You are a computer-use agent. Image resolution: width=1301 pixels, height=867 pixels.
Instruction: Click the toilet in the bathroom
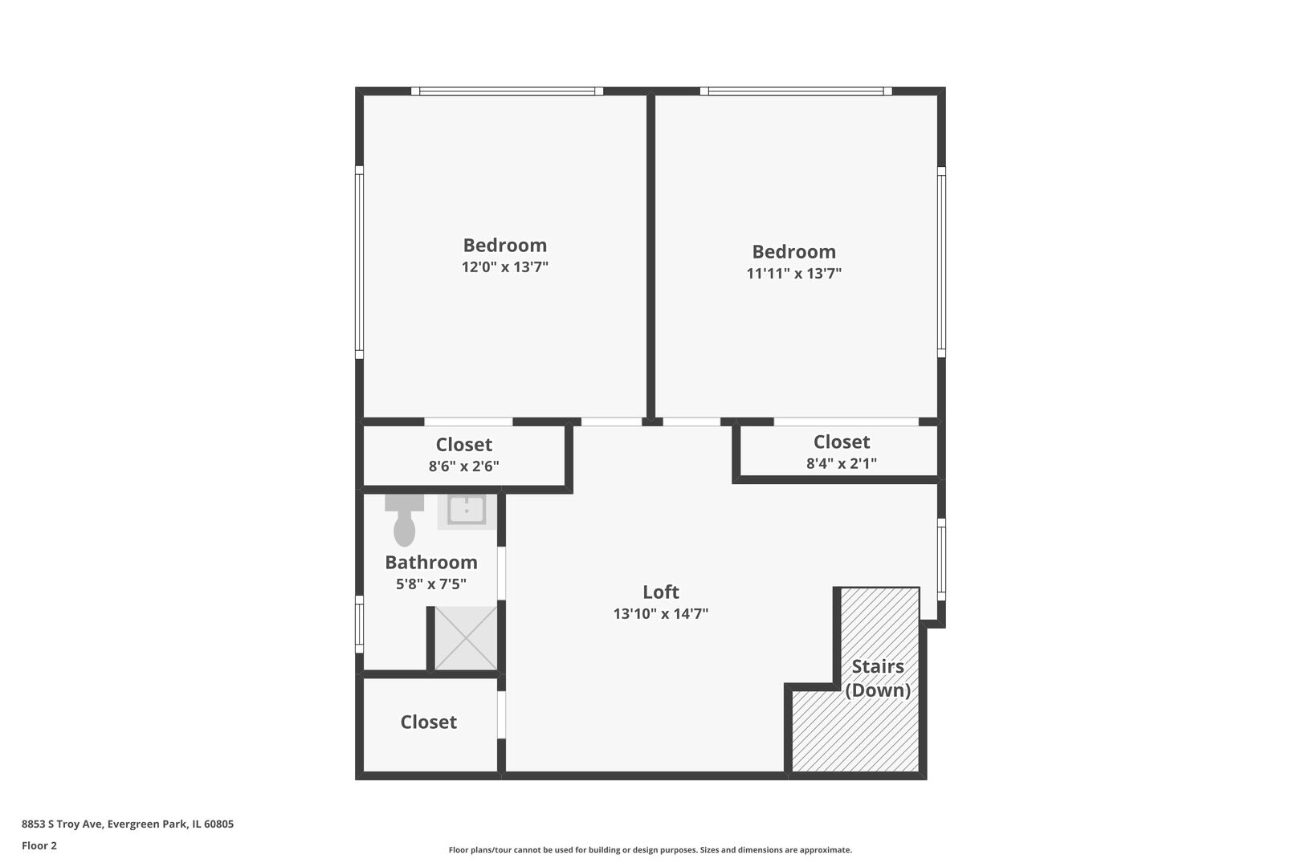pyautogui.click(x=404, y=520)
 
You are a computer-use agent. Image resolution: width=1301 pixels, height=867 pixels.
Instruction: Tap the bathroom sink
pyautogui.click(x=467, y=511)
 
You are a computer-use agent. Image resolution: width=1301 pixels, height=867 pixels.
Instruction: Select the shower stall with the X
pyautogui.click(x=466, y=637)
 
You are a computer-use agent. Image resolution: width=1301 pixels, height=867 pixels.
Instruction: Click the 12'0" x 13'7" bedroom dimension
pyautogui.click(x=504, y=267)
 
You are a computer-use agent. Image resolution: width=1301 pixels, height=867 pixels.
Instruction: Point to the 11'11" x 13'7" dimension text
pyautogui.click(x=794, y=274)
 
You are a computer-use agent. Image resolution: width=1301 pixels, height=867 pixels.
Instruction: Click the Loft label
pyautogui.click(x=660, y=592)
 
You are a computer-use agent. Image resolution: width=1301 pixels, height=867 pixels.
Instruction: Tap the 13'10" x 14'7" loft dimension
pyautogui.click(x=661, y=614)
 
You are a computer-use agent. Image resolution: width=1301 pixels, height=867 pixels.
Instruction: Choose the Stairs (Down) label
pyautogui.click(x=878, y=678)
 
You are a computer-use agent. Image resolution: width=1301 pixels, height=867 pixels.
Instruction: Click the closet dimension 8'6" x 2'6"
pyautogui.click(x=464, y=466)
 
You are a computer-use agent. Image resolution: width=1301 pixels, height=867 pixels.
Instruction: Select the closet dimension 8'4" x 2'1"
pyautogui.click(x=842, y=463)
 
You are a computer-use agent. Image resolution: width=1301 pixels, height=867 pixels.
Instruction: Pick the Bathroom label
pyautogui.click(x=431, y=562)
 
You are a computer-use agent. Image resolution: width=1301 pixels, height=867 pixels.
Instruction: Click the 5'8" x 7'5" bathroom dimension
pyautogui.click(x=431, y=584)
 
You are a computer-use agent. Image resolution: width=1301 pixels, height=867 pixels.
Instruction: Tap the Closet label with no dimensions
pyautogui.click(x=429, y=722)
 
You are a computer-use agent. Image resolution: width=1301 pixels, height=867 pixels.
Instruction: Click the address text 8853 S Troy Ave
pyautogui.click(x=63, y=824)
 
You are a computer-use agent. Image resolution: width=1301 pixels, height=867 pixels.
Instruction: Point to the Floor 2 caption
pyautogui.click(x=39, y=845)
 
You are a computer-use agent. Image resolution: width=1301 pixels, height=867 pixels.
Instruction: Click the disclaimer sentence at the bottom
pyautogui.click(x=650, y=850)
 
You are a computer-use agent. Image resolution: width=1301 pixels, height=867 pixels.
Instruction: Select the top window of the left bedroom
pyautogui.click(x=507, y=92)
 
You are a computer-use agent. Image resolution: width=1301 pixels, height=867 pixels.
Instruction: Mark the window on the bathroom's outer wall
pyautogui.click(x=360, y=625)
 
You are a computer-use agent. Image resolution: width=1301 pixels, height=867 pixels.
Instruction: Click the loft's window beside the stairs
pyautogui.click(x=941, y=560)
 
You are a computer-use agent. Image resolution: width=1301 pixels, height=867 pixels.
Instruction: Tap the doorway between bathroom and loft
pyautogui.click(x=501, y=573)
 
